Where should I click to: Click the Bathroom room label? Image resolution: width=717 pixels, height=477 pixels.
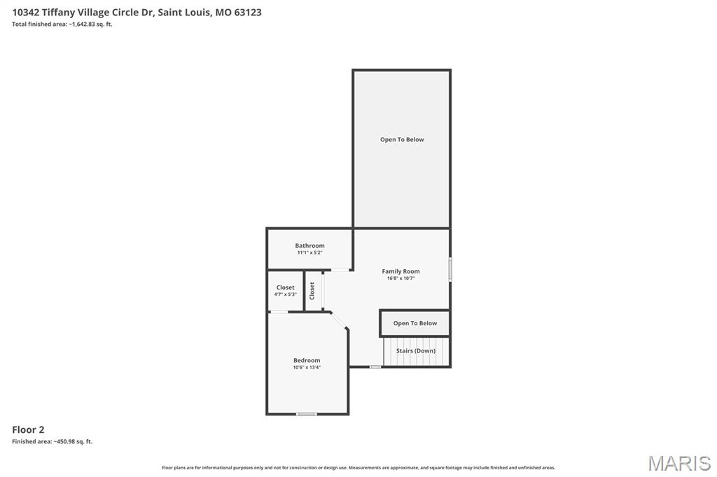309,245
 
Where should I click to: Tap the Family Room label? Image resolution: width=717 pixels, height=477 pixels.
401,271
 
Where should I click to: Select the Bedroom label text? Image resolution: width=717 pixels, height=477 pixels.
307,360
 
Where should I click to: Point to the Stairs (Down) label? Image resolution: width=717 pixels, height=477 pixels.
416,351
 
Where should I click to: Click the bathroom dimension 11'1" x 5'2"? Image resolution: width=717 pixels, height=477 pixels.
309,252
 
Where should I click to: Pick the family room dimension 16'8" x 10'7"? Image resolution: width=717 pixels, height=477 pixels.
401,278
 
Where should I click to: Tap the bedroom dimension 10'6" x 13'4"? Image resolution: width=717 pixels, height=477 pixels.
307,367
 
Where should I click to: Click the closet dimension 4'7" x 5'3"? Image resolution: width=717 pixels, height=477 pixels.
286,294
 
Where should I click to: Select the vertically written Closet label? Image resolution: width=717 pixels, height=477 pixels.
312,290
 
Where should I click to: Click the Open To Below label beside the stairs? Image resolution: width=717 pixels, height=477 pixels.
415,323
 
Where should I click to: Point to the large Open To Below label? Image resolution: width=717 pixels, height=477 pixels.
402,139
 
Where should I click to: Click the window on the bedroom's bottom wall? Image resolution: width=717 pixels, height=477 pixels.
307,414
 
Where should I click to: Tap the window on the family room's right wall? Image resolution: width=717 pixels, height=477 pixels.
450,269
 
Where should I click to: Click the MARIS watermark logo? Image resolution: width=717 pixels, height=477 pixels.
679,463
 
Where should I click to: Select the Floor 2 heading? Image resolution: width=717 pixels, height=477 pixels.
28,429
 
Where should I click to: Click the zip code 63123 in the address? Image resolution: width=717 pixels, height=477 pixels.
248,13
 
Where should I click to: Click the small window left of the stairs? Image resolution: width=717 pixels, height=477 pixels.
375,366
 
